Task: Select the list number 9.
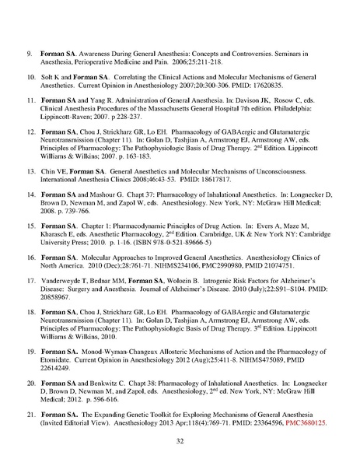pyautogui.click(x=29, y=53)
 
